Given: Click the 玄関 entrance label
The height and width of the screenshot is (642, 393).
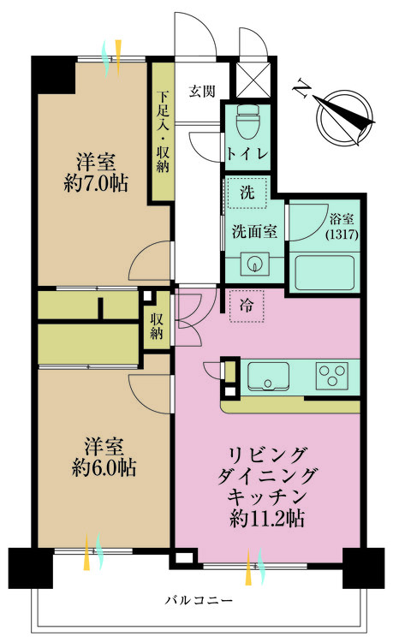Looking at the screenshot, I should [x=202, y=90].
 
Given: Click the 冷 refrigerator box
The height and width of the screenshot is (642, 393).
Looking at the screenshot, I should [x=246, y=306].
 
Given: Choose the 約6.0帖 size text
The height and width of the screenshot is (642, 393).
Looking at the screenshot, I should [x=104, y=468].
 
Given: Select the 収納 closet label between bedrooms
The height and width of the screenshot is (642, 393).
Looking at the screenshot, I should [x=157, y=326].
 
